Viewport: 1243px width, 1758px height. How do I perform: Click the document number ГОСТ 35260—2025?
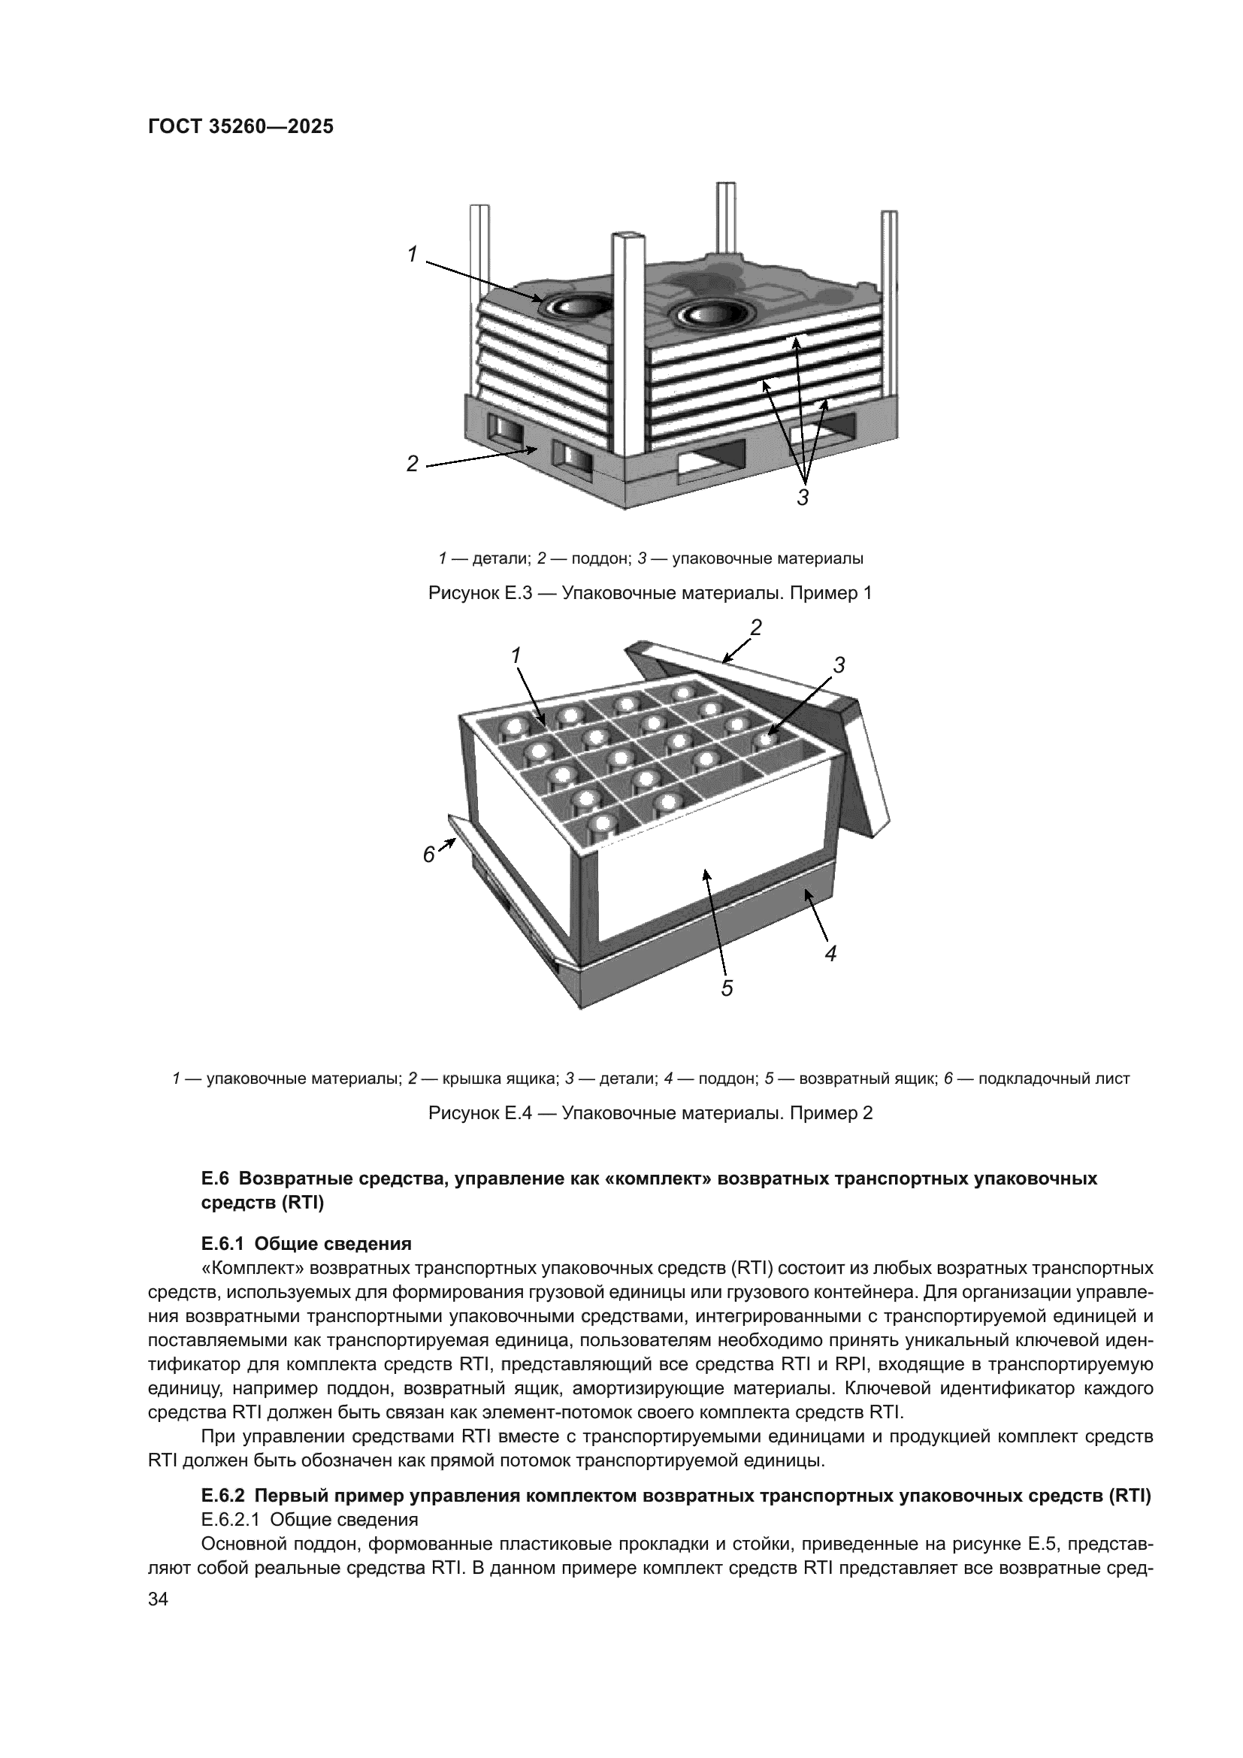coord(240,127)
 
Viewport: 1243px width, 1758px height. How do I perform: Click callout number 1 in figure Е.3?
coord(413,254)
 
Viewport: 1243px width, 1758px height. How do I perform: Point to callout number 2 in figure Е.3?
coord(413,463)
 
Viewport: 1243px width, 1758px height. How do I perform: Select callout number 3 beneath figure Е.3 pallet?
coord(802,498)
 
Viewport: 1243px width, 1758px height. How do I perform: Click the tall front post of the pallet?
coord(629,344)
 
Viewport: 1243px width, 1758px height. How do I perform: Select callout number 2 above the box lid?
coord(756,628)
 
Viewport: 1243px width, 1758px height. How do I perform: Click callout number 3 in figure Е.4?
coord(839,665)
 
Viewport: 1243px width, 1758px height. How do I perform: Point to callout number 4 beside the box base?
coord(831,953)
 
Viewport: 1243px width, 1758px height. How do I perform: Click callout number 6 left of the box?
coord(429,854)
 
